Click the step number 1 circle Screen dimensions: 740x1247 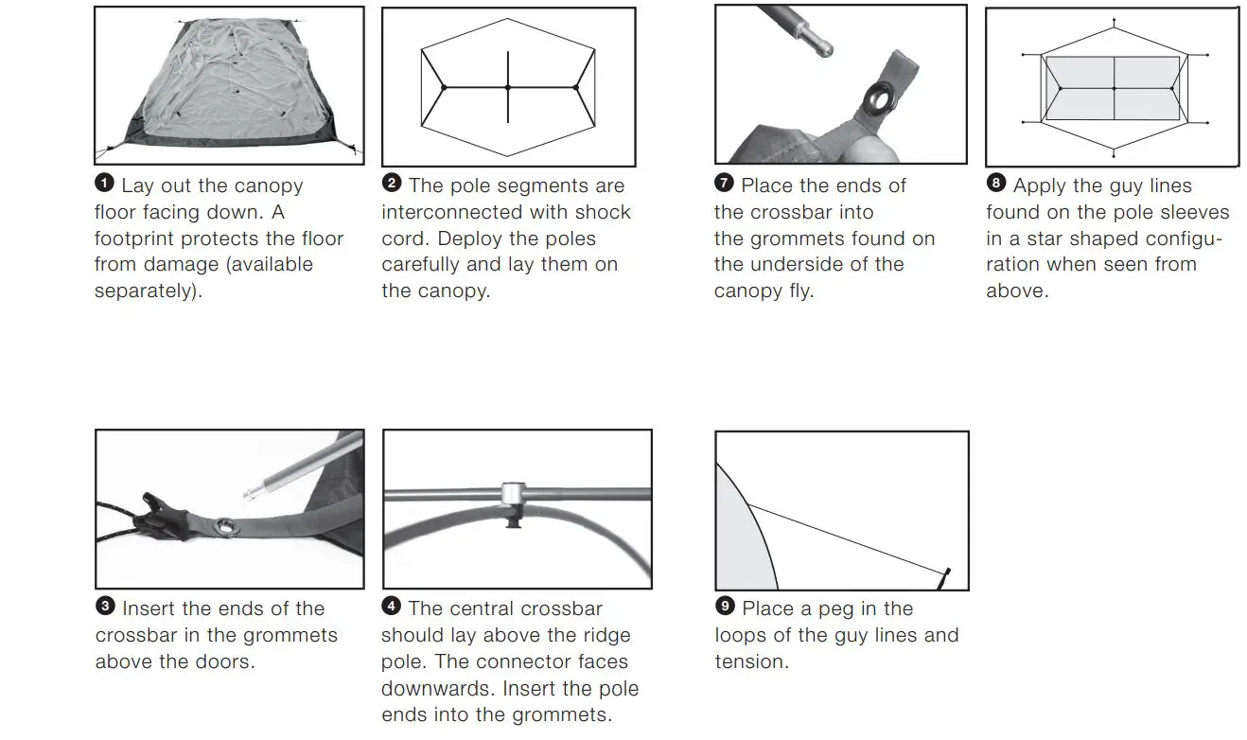104,184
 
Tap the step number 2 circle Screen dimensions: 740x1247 392,184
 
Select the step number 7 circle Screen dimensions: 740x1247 725,184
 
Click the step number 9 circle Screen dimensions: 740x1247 725,607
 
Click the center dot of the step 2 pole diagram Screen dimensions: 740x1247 508,87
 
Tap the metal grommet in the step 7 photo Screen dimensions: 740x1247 877,97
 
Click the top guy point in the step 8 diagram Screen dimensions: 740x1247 1115,20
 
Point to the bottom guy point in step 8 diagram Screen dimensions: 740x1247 1115,155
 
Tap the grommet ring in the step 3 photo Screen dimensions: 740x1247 226,527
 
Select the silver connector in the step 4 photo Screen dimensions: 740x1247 514,494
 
